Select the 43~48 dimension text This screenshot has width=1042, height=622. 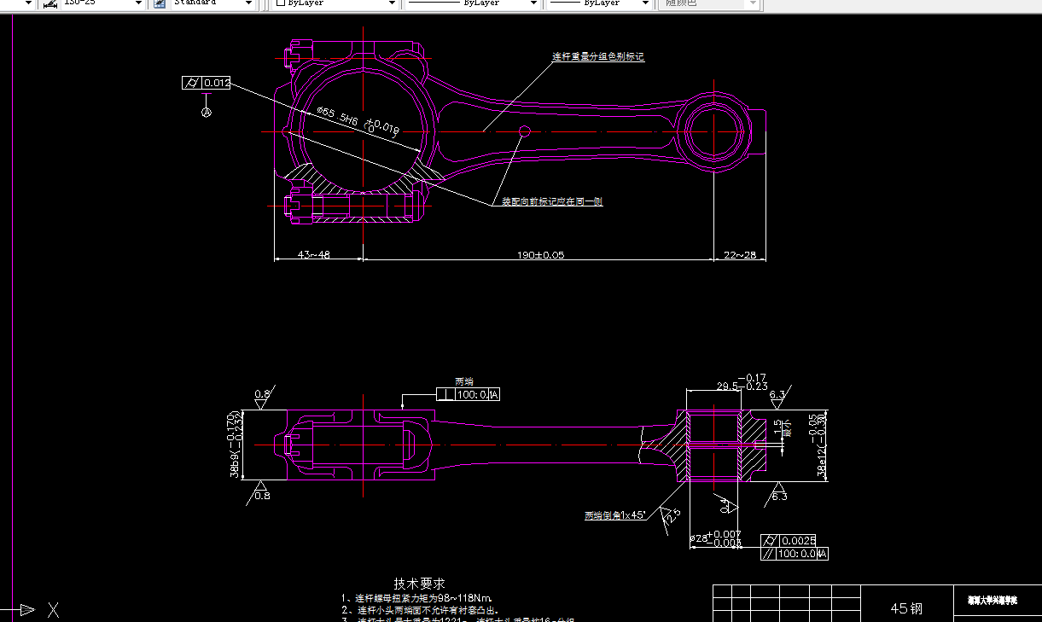(313, 254)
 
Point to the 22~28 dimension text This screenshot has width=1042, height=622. (739, 254)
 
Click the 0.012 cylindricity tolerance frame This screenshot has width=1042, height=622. (207, 83)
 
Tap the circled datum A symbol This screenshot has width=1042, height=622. (206, 112)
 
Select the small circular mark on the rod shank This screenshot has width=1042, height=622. (525, 131)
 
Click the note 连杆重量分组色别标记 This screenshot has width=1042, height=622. (597, 57)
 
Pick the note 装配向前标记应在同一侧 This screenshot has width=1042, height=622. (551, 202)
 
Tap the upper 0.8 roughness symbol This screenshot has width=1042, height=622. (262, 394)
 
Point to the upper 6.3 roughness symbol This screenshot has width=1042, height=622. (777, 395)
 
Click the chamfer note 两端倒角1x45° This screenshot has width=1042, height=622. (615, 515)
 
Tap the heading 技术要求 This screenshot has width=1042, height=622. (419, 584)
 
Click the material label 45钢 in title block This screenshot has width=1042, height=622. (906, 608)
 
